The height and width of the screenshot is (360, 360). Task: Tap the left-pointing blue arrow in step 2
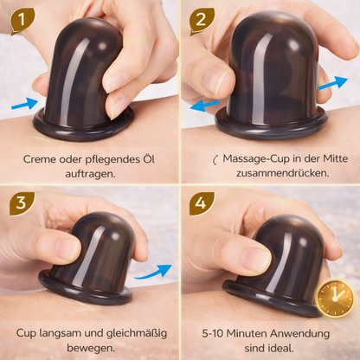click(x=205, y=104)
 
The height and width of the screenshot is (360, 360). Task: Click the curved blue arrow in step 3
click(x=155, y=270)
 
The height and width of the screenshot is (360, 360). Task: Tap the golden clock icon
click(x=335, y=299)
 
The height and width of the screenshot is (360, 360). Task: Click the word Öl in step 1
click(x=154, y=159)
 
